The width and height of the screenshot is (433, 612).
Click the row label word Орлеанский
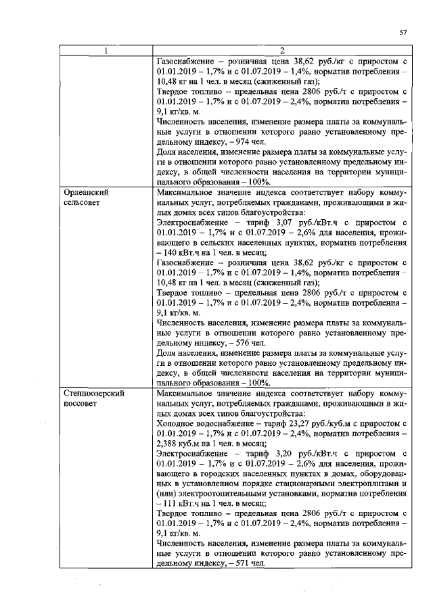coord(85,192)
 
